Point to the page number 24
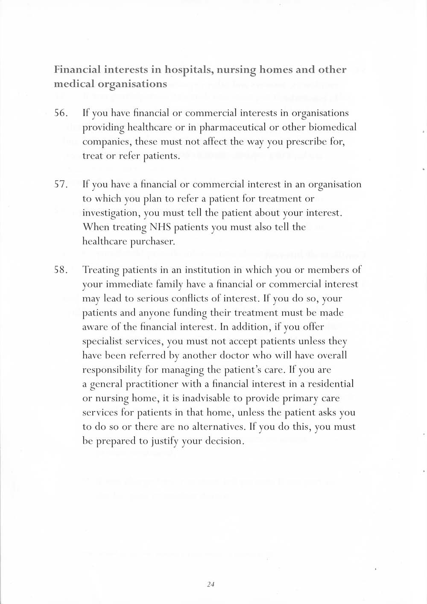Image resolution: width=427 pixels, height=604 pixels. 210,585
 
